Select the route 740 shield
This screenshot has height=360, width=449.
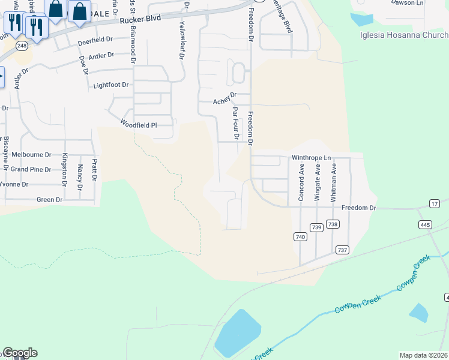300,237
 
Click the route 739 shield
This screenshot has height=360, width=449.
317,227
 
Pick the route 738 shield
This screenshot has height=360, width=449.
333,224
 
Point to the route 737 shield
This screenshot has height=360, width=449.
342,250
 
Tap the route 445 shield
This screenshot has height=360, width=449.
425,224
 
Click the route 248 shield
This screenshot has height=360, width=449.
22,46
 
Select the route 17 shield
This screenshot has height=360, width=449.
435,204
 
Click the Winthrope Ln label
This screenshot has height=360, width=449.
312,158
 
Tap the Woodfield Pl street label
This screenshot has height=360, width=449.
139,125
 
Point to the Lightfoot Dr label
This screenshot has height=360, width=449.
111,85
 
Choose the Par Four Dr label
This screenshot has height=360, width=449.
236,123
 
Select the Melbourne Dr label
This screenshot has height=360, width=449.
31,154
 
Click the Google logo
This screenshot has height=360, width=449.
19,353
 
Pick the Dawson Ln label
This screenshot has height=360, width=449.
407,2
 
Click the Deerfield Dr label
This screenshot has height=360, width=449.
95,41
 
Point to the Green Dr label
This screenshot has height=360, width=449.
50,199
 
